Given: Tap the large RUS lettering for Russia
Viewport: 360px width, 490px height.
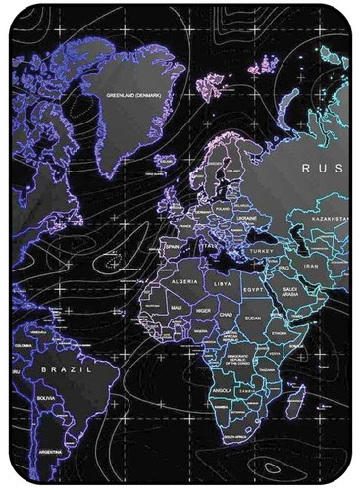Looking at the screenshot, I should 321,168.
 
